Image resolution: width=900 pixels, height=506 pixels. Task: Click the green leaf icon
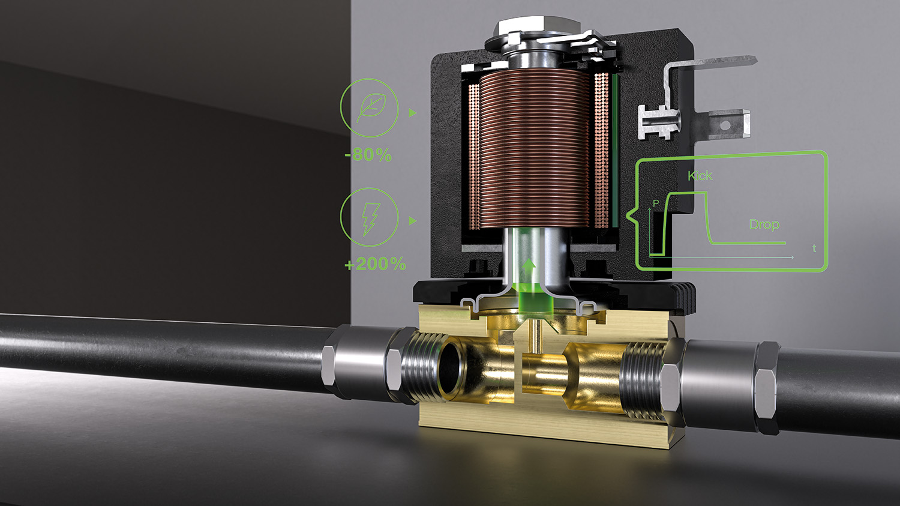[x=369, y=108]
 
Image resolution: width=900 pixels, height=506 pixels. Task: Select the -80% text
[x=368, y=155]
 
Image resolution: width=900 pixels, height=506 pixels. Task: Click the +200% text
[x=375, y=264]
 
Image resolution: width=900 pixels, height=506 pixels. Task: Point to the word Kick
[x=700, y=176]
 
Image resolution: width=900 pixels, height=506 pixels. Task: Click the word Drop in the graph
[x=764, y=224]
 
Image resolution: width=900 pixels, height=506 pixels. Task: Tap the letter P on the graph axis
[x=656, y=203]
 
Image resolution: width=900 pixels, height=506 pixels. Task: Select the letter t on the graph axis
[x=814, y=248]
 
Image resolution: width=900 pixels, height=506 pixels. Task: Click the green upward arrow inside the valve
[x=529, y=265]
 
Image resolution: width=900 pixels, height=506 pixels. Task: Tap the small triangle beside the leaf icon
[x=412, y=112]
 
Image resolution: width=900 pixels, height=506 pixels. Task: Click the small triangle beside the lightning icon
[x=412, y=221]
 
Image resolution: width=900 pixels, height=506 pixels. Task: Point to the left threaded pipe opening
[x=451, y=369]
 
